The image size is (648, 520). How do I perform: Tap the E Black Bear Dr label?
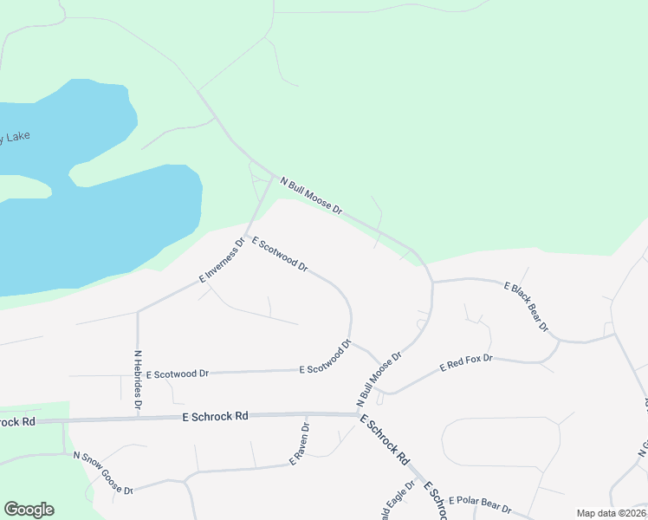pos(527,306)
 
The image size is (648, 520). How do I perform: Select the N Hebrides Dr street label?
pos(138,380)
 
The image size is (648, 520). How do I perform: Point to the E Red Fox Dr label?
pos(466,363)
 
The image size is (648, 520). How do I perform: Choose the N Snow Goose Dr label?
pos(103,472)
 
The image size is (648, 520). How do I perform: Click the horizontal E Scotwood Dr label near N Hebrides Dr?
pos(178,374)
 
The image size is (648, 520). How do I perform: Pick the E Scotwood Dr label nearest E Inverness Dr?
pos(280,254)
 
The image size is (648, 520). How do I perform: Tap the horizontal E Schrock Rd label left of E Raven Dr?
pos(216,417)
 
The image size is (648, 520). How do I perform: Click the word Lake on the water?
pos(17,136)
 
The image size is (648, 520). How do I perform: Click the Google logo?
pos(29,510)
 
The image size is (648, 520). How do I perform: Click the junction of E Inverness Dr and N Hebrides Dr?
pos(138,310)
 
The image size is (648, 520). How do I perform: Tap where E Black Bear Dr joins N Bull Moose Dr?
pos(432,283)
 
